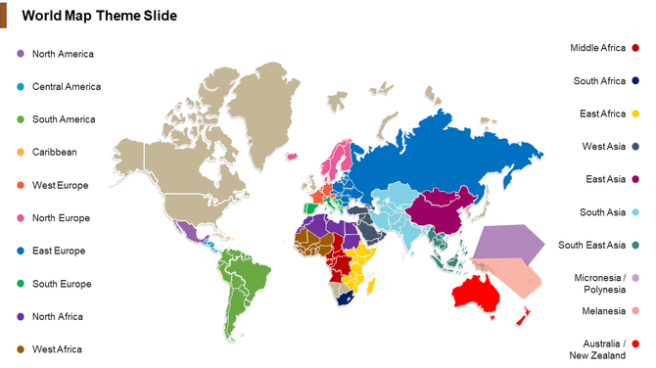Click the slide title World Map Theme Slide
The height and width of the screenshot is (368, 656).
pos(99,16)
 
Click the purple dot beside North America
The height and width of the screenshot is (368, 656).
pos(20,54)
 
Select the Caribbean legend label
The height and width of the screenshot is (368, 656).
pos(54,152)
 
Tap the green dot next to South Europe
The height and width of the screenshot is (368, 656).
pos(20,284)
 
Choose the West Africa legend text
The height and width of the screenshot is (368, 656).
pos(57,349)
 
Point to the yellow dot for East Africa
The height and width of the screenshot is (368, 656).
pos(634,114)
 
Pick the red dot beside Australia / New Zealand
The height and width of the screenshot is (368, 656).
pos(634,344)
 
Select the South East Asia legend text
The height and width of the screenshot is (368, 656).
pos(591,245)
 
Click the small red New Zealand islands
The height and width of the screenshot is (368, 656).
pos(523,315)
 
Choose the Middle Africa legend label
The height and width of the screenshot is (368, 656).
pos(597,48)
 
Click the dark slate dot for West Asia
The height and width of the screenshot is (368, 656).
pos(634,147)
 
